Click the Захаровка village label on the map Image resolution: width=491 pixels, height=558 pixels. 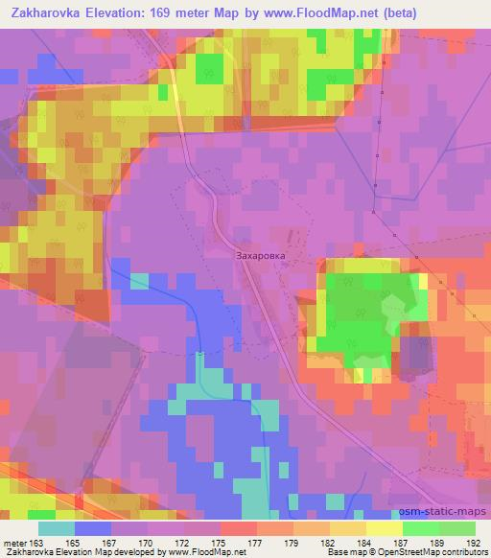coord(262,258)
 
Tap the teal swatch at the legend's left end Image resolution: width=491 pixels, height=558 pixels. coord(57,528)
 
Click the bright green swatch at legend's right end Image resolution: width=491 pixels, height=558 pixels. coord(456,528)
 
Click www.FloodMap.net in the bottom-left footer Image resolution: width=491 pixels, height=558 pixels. coord(202,553)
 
